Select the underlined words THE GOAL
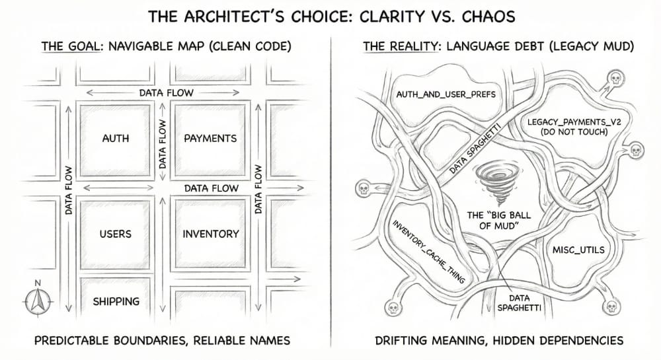point(67,47)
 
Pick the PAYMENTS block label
point(210,139)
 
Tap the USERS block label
point(115,234)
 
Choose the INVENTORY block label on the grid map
point(210,234)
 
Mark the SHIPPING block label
point(116,301)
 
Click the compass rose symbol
point(38,301)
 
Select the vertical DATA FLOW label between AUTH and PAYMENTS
point(162,144)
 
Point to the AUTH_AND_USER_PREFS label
point(446,94)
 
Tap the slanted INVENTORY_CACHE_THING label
point(430,251)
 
